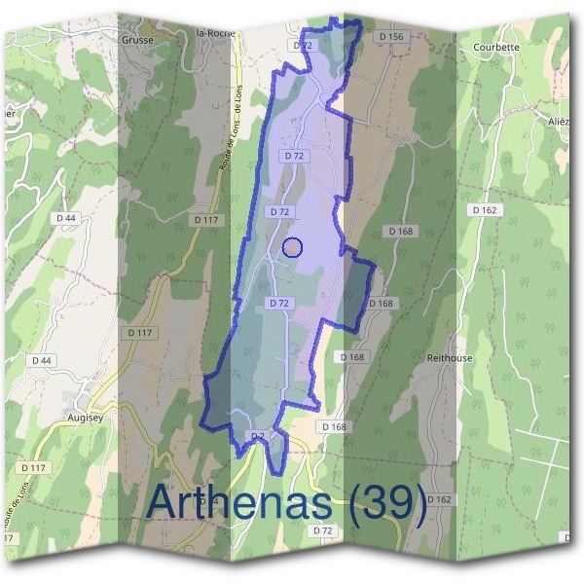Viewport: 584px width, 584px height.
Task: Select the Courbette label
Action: pyautogui.click(x=495, y=46)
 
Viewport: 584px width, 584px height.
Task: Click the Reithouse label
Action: pyautogui.click(x=450, y=357)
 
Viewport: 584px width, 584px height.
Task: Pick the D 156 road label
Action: pyautogui.click(x=390, y=36)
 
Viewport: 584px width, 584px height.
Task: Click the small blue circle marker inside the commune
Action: pyautogui.click(x=291, y=247)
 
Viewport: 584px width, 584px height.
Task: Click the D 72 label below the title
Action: pyautogui.click(x=323, y=530)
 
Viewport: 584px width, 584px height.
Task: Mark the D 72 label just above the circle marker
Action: pyautogui.click(x=280, y=211)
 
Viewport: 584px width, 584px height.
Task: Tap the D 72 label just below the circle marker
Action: pyautogui.click(x=279, y=304)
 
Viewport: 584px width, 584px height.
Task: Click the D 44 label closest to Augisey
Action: pyautogui.click(x=43, y=361)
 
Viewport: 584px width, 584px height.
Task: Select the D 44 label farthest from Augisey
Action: pyautogui.click(x=66, y=218)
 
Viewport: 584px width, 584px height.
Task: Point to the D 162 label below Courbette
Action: pyautogui.click(x=484, y=209)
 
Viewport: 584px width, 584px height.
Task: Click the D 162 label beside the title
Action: pyautogui.click(x=439, y=499)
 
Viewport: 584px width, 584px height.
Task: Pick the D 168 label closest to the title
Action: pyautogui.click(x=333, y=426)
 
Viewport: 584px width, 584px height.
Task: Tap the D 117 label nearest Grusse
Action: pyautogui.click(x=205, y=220)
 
